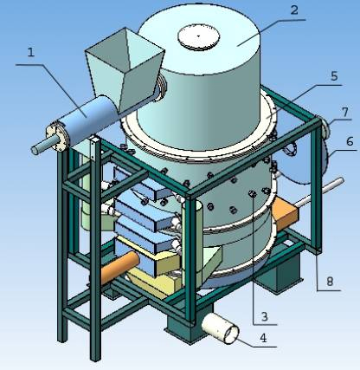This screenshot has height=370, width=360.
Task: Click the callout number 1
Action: pos(31,52)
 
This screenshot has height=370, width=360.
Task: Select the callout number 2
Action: pos(294,10)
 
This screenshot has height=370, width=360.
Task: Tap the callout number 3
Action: pos(265,316)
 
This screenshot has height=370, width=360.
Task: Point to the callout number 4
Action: pos(263,338)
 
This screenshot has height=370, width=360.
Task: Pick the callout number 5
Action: pos(334,76)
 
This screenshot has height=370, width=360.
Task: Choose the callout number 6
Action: pos(350,141)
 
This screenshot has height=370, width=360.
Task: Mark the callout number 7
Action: pos(345,112)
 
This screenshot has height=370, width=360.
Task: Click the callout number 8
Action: pos(330,281)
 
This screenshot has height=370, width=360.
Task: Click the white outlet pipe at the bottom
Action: pos(221,329)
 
